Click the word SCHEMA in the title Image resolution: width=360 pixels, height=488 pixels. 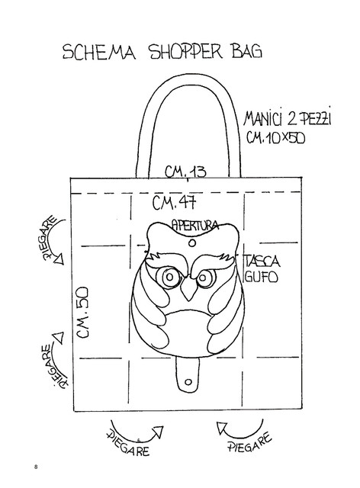tap(99, 52)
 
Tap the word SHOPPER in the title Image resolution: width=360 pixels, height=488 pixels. tap(187, 51)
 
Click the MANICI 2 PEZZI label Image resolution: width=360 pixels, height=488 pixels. tap(288, 118)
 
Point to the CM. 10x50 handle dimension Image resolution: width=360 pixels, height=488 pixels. tap(275, 137)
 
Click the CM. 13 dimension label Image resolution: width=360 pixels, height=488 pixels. tap(185, 172)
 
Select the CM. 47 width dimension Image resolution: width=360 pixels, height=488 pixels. tap(175, 203)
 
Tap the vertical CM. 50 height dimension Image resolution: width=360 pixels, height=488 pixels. tap(83, 313)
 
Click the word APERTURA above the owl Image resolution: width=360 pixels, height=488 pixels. tap(195, 225)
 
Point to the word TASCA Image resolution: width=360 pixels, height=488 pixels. tap(261, 261)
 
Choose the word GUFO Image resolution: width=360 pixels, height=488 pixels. tap(261, 276)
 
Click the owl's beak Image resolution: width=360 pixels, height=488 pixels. tap(189, 290)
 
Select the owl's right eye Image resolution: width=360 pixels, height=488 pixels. tap(204, 278)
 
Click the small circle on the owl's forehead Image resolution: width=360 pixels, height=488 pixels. tap(192, 242)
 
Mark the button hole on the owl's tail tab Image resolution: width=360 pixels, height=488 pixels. tap(188, 381)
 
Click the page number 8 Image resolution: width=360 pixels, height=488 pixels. tap(36, 467)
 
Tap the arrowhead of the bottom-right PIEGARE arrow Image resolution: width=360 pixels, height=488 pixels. tap(222, 427)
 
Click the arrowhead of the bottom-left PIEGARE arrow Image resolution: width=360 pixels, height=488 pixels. tap(158, 432)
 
